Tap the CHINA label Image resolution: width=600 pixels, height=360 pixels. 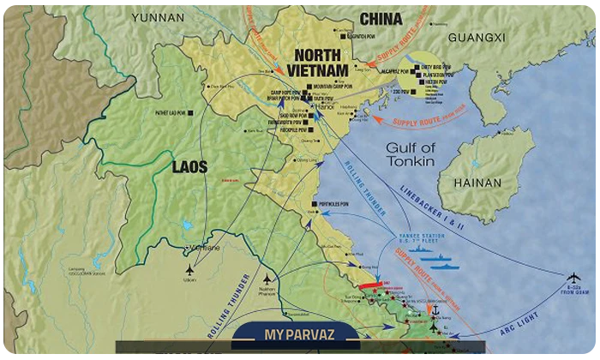(381, 18)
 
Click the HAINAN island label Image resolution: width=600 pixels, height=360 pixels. (478, 181)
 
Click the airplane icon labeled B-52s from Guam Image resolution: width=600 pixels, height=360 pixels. (573, 276)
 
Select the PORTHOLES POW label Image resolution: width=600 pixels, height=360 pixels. (331, 204)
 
